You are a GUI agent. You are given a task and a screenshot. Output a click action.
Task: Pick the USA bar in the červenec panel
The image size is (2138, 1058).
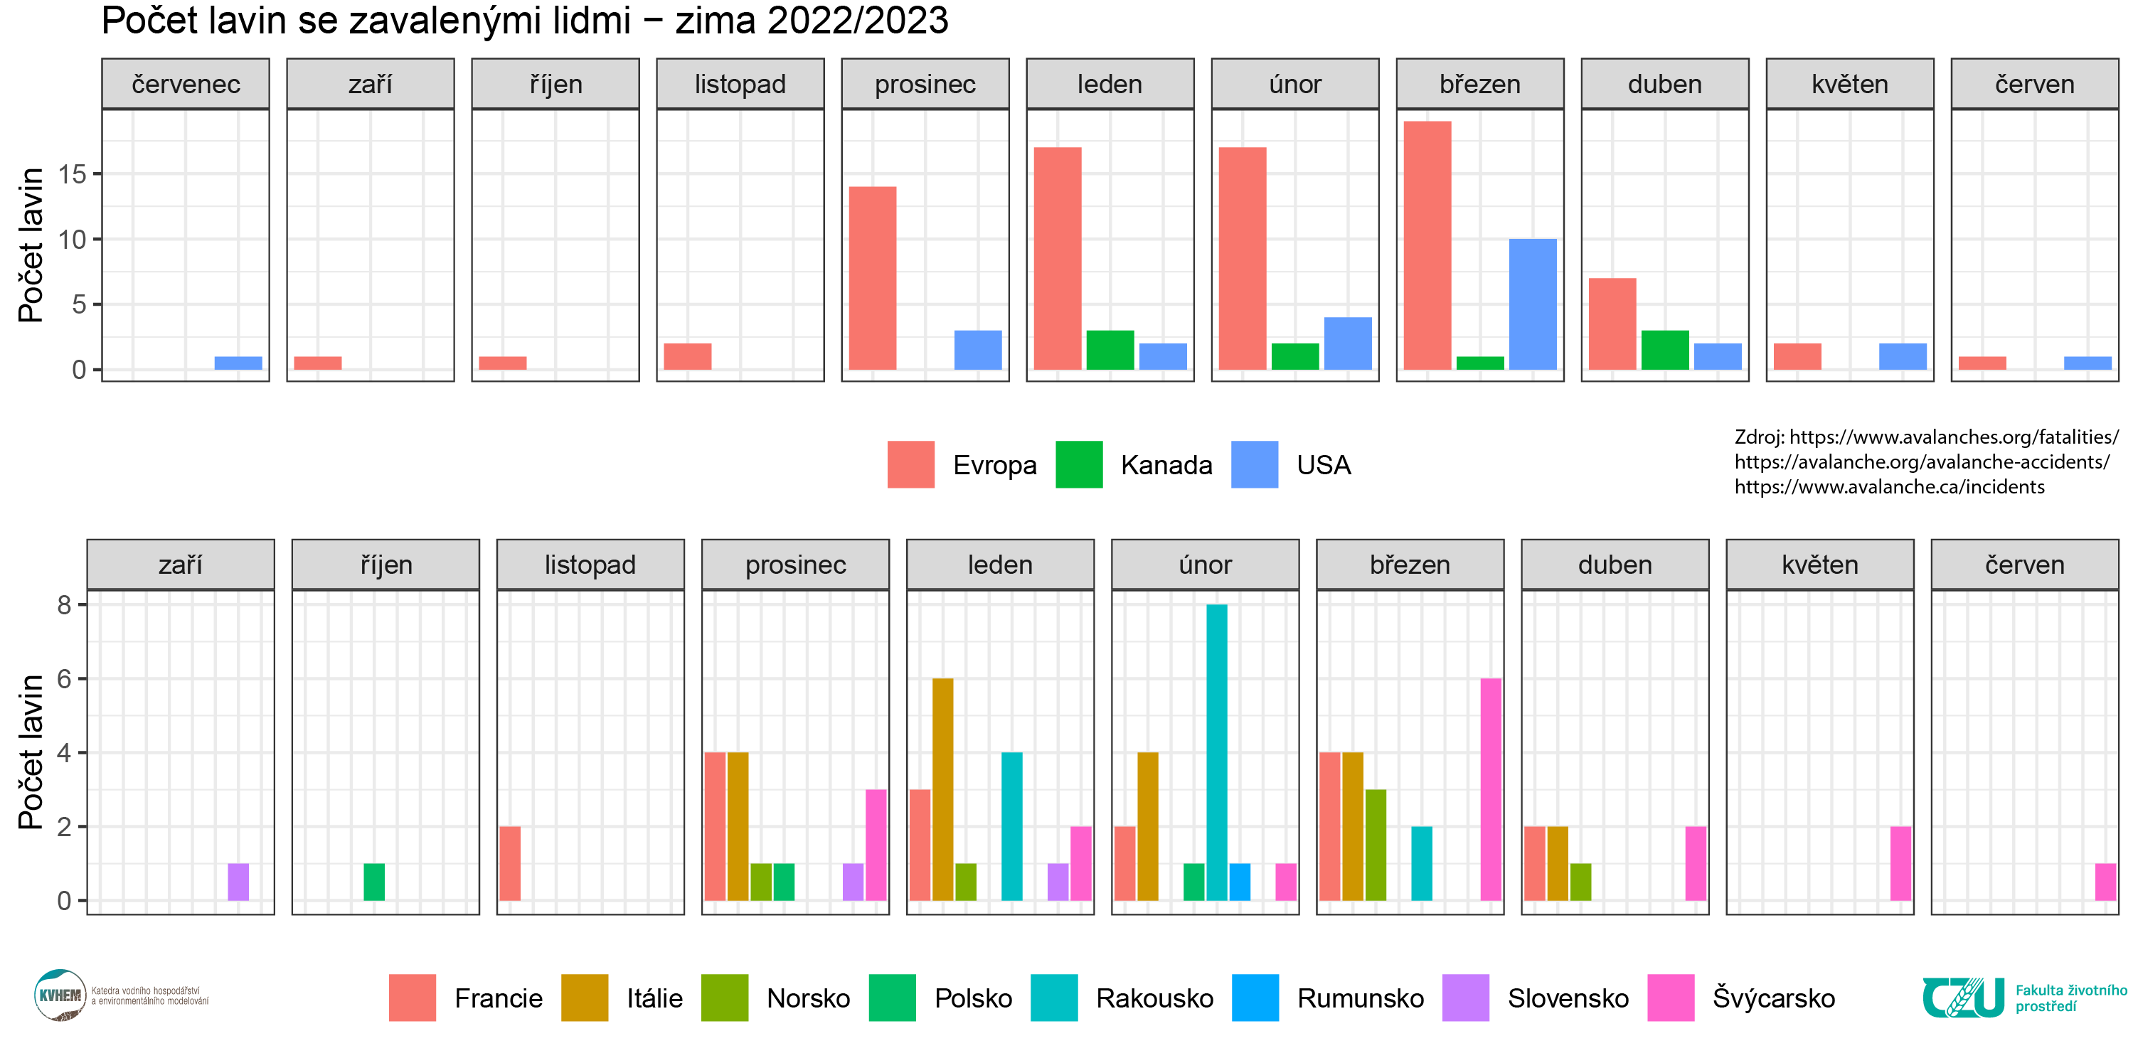[238, 363]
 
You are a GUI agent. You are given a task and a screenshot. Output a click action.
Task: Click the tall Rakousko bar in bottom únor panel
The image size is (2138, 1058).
[1216, 752]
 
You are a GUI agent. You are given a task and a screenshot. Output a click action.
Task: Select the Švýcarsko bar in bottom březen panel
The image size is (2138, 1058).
[1491, 789]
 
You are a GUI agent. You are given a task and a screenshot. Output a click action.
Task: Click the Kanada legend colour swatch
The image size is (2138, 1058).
[1078, 465]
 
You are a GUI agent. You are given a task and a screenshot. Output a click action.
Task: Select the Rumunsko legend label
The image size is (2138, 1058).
[1359, 998]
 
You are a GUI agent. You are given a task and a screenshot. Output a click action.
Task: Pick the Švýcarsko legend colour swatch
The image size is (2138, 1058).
[1670, 998]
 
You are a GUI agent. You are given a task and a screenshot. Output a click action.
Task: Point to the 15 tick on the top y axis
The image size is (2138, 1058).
[73, 173]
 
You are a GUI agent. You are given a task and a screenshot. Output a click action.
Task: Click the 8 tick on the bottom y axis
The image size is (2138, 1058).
[65, 605]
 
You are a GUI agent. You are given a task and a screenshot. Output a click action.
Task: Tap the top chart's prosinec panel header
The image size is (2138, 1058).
[925, 84]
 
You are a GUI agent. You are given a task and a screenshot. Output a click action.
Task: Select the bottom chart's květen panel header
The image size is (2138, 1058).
[1819, 565]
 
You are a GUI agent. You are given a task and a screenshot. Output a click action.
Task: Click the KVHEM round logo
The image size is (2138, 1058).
[60, 995]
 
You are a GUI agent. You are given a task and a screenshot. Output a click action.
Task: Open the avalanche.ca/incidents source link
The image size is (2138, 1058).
[1889, 487]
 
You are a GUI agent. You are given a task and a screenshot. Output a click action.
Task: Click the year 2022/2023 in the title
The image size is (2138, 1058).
[856, 21]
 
